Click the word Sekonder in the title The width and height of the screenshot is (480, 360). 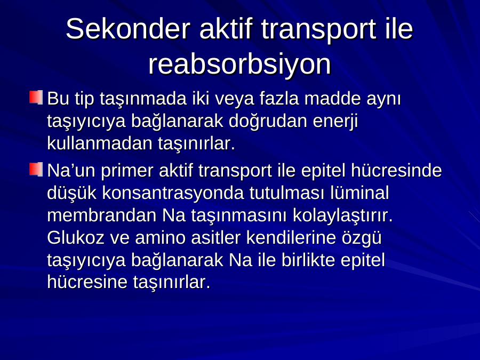[127, 29]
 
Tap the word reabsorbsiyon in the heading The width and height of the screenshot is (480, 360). [239, 65]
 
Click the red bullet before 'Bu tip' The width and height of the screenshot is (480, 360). [36, 97]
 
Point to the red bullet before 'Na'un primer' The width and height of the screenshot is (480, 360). [36, 169]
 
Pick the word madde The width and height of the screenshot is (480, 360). [332, 99]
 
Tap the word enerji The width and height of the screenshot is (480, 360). [335, 122]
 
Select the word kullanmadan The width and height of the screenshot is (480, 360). [100, 143]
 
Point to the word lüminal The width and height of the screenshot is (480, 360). [359, 193]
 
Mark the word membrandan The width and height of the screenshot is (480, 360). [102, 215]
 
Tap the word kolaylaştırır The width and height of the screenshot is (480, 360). [342, 216]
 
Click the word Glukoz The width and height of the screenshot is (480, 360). [76, 237]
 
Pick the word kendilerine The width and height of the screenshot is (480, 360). [291, 237]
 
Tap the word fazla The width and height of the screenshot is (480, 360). [279, 99]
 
